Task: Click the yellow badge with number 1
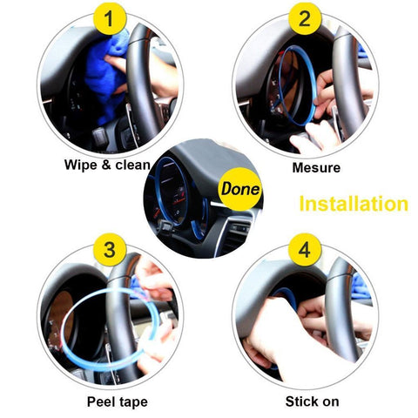[110, 18]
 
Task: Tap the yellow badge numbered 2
[305, 18]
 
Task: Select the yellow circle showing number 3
[110, 250]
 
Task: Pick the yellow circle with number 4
[305, 250]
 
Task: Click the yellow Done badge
[239, 189]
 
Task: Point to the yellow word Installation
[354, 204]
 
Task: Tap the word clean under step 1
[132, 165]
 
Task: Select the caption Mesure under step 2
[316, 168]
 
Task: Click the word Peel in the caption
[99, 401]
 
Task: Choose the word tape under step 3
[132, 402]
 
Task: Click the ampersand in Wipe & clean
[106, 165]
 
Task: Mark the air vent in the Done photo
[237, 233]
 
